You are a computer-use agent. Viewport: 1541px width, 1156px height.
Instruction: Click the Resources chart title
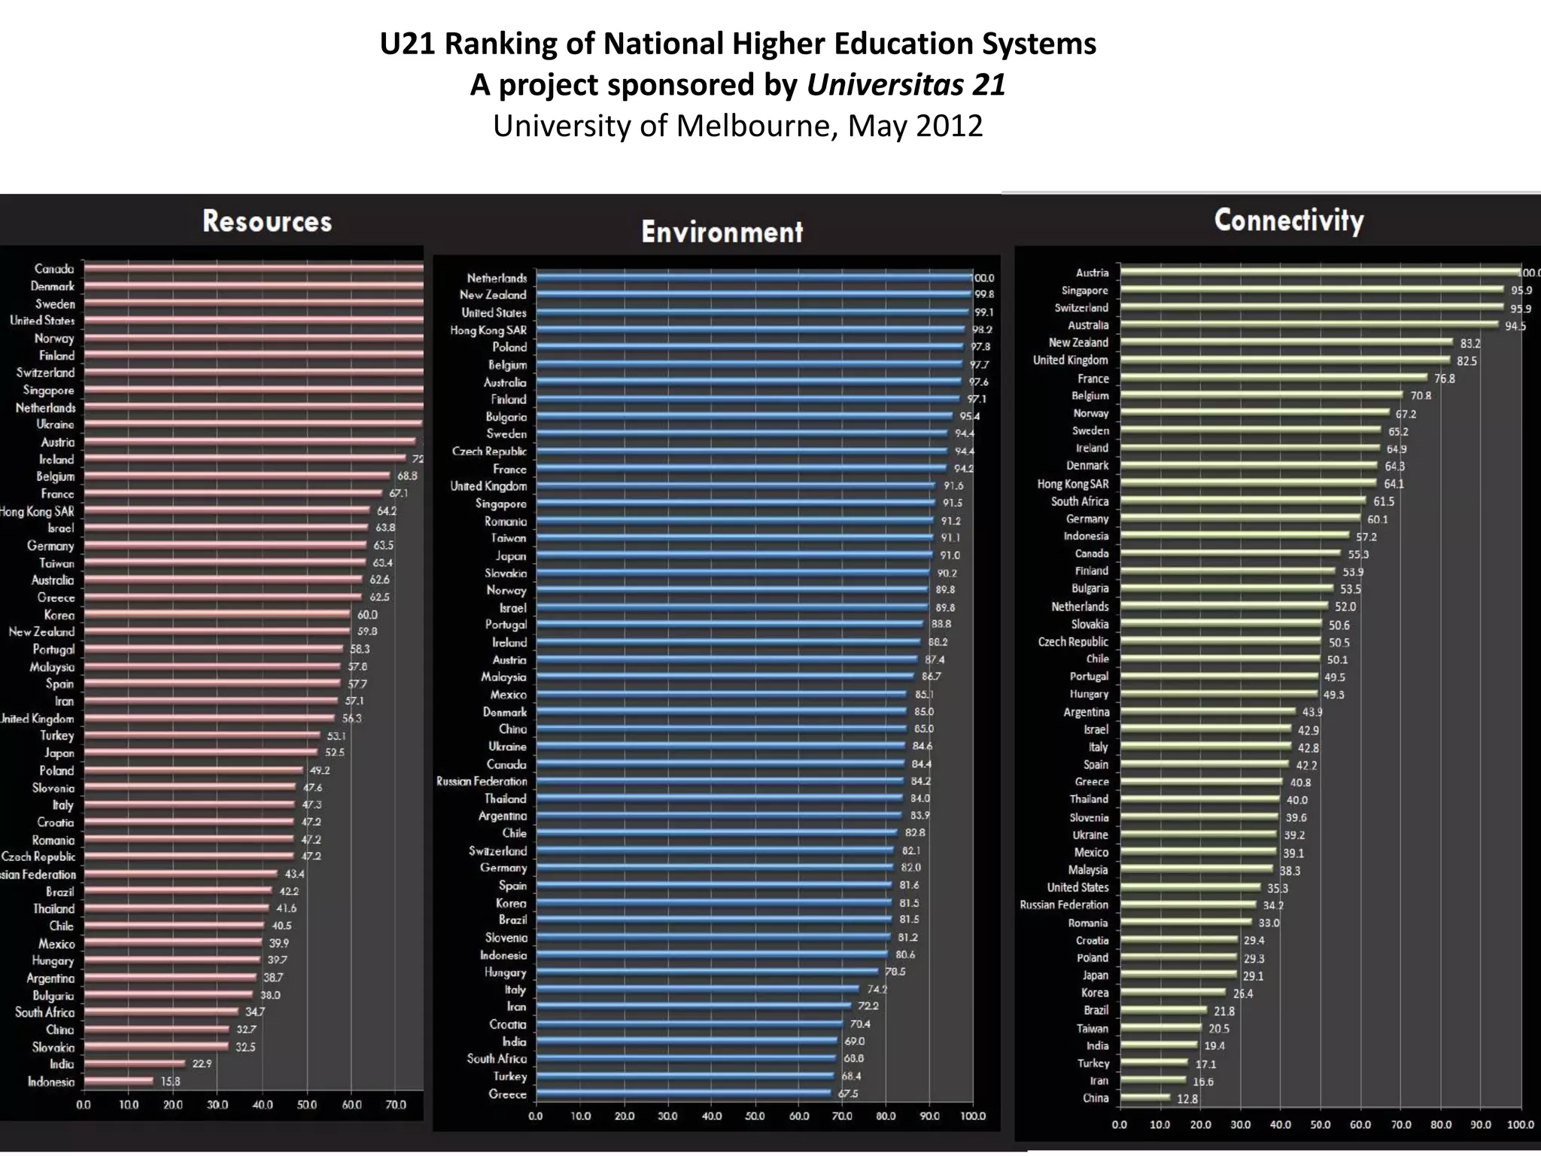(267, 222)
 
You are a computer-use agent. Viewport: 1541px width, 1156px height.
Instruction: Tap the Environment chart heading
(722, 233)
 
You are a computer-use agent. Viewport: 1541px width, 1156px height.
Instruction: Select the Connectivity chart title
(1288, 221)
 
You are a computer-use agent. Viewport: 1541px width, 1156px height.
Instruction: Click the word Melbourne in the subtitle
(757, 126)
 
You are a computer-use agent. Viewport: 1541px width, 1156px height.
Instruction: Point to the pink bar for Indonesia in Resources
(119, 1081)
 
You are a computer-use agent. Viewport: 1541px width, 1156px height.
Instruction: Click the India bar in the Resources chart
(134, 1063)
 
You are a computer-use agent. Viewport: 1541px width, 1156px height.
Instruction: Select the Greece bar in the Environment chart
(683, 1094)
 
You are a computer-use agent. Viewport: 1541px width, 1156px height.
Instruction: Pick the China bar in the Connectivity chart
(1144, 1098)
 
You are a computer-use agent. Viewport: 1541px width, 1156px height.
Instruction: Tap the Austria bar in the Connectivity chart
(1322, 272)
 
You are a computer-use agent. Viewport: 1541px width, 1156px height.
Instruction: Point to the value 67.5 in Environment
(848, 1094)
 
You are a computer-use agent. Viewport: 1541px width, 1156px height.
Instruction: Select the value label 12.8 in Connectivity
(1187, 1099)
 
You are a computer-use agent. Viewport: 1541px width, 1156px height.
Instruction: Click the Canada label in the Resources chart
(54, 269)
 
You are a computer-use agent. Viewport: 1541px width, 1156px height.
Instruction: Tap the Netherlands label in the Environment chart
(497, 278)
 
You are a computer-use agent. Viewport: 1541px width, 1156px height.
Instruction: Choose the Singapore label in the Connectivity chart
(1084, 291)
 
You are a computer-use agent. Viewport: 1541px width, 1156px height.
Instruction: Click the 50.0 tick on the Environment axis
(755, 1116)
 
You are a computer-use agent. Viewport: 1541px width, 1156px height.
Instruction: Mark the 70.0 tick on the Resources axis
(396, 1105)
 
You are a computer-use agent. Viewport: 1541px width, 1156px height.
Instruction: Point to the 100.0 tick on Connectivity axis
(1520, 1125)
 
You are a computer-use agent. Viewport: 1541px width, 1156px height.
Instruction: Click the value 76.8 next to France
(1444, 379)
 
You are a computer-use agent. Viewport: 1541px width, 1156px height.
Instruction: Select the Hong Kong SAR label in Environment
(488, 330)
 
